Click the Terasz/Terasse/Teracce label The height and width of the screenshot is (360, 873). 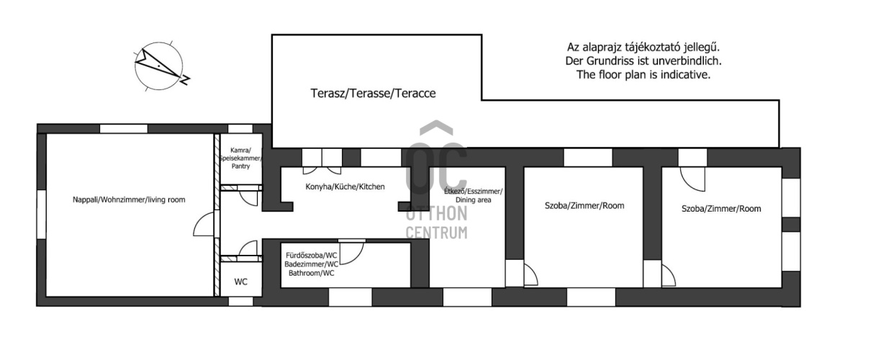coord(373,93)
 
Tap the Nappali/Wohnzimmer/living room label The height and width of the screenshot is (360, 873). coord(129,199)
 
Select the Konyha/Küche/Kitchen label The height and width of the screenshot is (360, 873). coord(345,186)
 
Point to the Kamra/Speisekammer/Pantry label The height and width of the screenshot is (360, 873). coord(240,158)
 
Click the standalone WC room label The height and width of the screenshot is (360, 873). coord(241,282)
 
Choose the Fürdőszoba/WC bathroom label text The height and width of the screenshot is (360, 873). coord(312,264)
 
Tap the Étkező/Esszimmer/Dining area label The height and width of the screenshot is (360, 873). coord(473,195)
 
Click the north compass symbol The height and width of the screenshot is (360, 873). coord(159,66)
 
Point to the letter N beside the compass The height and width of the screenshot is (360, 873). coord(185,80)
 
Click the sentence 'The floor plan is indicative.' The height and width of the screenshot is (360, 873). coord(643,74)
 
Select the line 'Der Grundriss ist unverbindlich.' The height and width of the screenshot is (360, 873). coord(643,61)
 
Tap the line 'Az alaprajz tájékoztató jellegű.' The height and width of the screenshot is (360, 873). coord(643,48)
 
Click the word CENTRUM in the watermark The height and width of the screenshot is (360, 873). coord(436,233)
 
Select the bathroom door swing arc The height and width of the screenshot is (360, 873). coord(352,253)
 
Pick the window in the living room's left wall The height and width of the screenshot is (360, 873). coord(41,214)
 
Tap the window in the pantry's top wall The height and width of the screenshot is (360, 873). coord(240,129)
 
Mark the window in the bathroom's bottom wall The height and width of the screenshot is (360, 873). coord(350,297)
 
